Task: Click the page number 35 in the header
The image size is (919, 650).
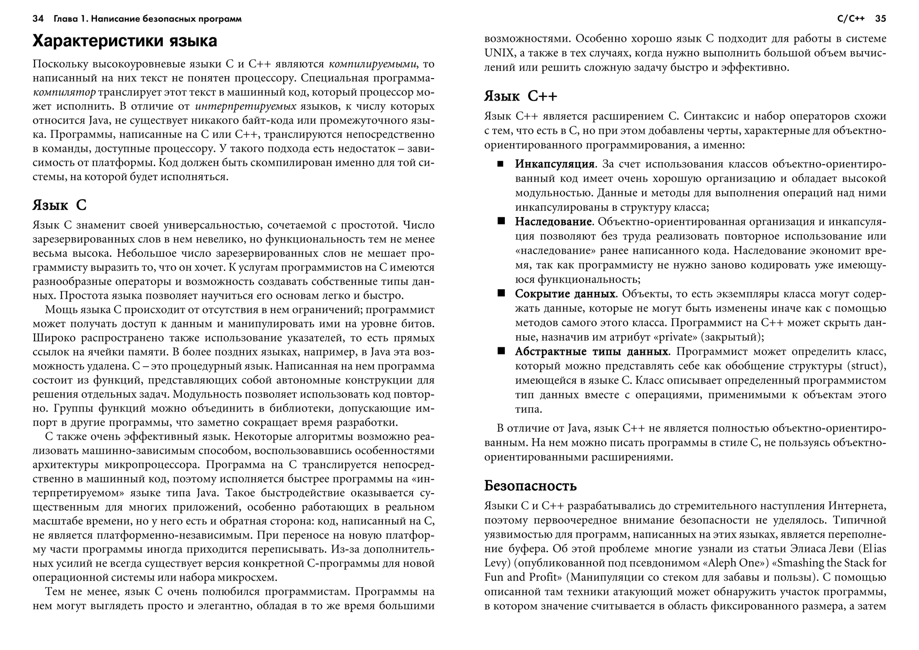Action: [x=880, y=19]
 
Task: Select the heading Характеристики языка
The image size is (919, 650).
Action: [x=125, y=41]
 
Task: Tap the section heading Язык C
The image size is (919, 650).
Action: [x=59, y=205]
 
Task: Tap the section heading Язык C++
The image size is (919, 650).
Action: [x=521, y=96]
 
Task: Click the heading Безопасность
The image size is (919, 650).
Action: [x=530, y=486]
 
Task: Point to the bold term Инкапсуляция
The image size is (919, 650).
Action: [x=555, y=164]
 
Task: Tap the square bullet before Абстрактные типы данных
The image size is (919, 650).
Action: [x=501, y=351]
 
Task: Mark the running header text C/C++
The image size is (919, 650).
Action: [x=851, y=19]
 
